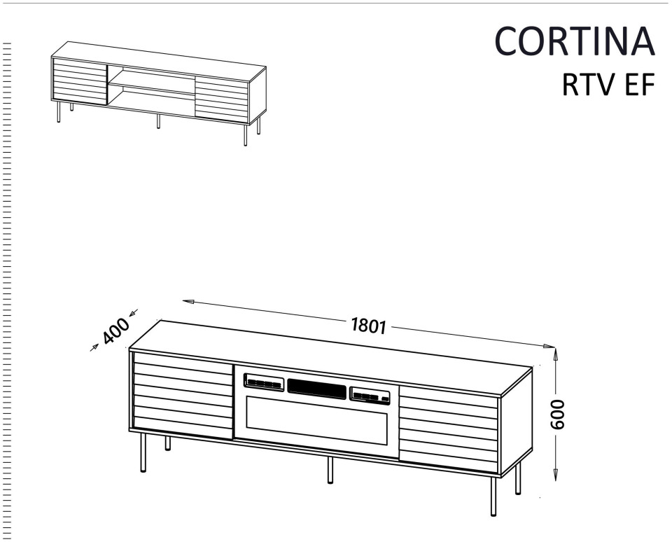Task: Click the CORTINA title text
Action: (x=575, y=41)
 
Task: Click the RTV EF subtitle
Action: (x=608, y=85)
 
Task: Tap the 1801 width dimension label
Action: (x=369, y=326)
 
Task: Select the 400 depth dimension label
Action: (x=115, y=331)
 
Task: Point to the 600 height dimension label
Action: (x=558, y=414)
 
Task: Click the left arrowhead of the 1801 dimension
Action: (x=188, y=301)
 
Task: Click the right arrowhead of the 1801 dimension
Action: (x=549, y=346)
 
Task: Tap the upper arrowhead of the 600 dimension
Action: (x=555, y=354)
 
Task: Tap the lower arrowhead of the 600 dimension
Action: (x=555, y=473)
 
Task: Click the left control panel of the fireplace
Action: (x=264, y=382)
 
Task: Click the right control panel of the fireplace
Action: (x=370, y=396)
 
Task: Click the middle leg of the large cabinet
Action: (x=330, y=470)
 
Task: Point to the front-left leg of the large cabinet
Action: (x=143, y=452)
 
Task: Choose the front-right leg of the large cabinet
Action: (x=493, y=496)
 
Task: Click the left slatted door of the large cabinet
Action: (x=183, y=396)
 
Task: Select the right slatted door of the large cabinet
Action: (x=449, y=429)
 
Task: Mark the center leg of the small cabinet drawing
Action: (x=158, y=121)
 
